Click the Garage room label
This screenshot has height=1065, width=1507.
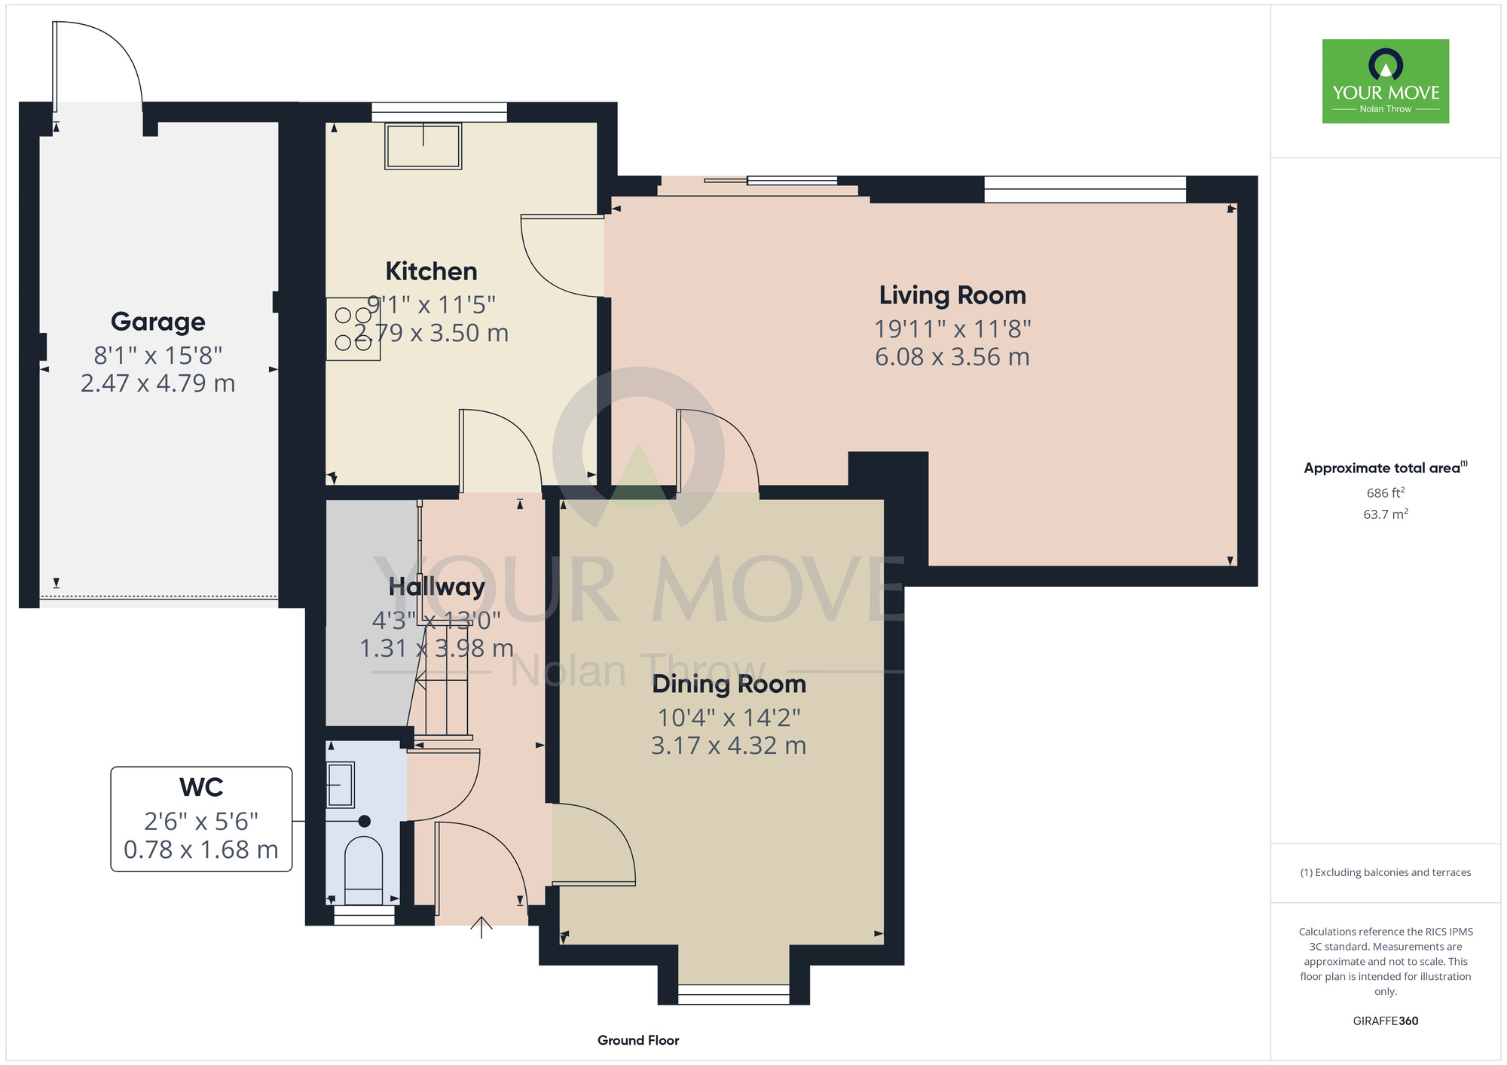(x=158, y=322)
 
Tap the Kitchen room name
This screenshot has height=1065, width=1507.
(x=432, y=271)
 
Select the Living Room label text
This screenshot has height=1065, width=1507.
(x=952, y=295)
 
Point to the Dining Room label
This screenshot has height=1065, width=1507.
(x=729, y=684)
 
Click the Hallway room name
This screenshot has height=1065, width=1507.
(x=437, y=587)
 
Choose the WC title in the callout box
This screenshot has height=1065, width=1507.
(x=201, y=787)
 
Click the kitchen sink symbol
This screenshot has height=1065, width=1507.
(x=423, y=145)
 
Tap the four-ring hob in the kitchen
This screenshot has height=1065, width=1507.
(x=353, y=329)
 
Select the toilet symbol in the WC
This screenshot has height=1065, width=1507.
(x=363, y=870)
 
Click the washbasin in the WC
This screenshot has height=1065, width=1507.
(x=341, y=785)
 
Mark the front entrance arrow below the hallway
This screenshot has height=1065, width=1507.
(x=481, y=927)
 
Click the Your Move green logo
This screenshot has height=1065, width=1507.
(x=1386, y=81)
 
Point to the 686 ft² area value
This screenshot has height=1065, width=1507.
(x=1386, y=493)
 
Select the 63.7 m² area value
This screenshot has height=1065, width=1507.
(x=1386, y=514)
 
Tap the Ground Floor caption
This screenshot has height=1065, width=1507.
(x=638, y=1040)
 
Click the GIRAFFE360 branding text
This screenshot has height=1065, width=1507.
(x=1386, y=1021)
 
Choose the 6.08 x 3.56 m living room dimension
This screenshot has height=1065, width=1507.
(x=952, y=357)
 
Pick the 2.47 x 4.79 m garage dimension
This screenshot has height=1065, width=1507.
(x=158, y=383)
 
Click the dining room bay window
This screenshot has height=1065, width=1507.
(x=734, y=994)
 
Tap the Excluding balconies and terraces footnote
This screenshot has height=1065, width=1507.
(x=1386, y=872)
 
